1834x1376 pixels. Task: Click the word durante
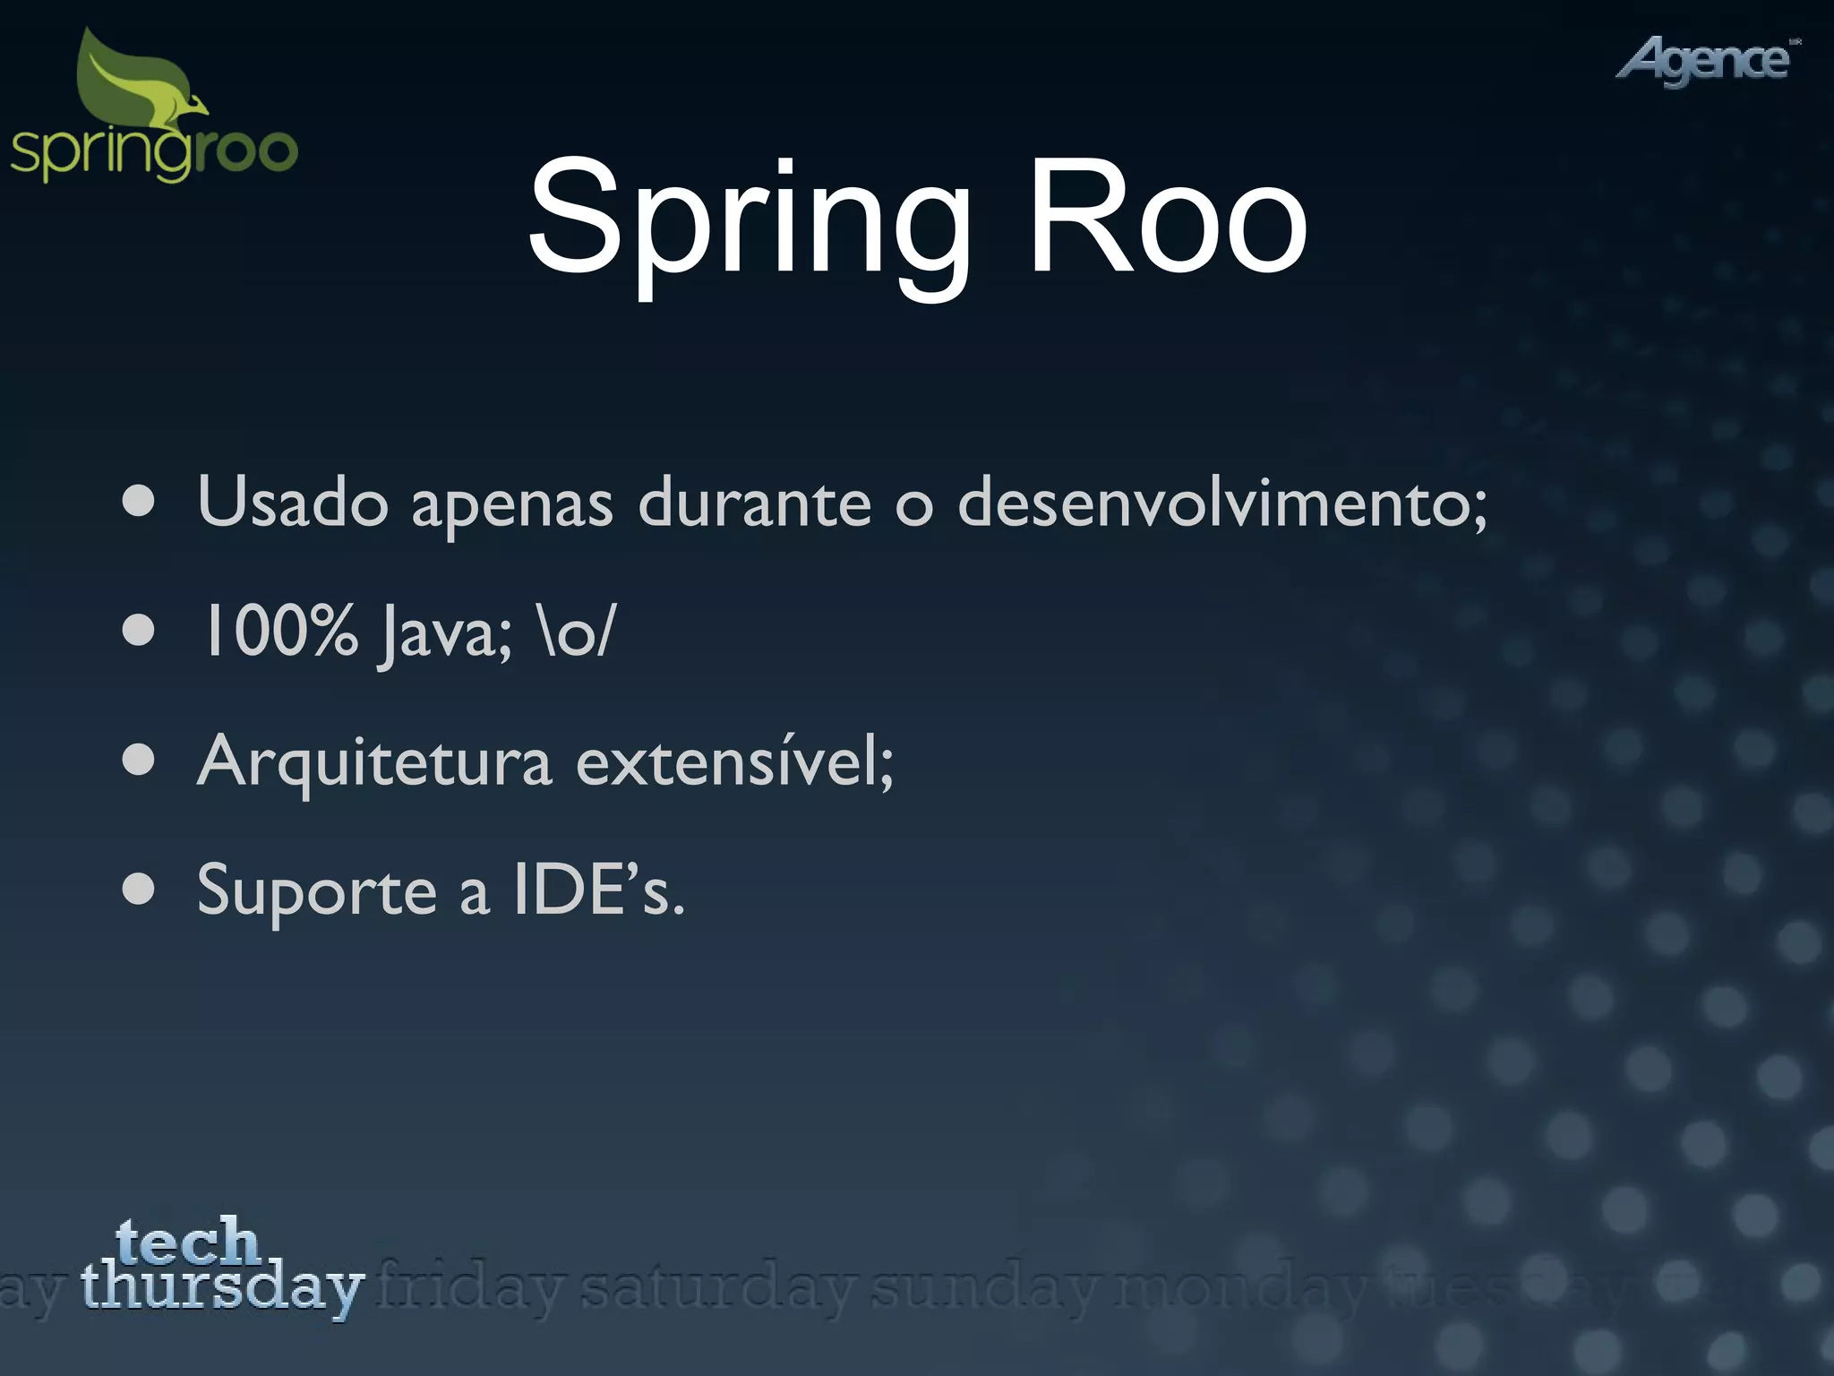(754, 503)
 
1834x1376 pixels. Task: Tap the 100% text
(279, 632)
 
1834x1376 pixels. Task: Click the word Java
(444, 634)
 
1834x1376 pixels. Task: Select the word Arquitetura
(374, 762)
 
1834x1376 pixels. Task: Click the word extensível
(733, 762)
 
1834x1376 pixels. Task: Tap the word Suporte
(316, 892)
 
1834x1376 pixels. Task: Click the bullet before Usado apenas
(139, 503)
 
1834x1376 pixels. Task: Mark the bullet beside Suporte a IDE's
(139, 891)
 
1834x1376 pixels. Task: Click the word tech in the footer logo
(187, 1240)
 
